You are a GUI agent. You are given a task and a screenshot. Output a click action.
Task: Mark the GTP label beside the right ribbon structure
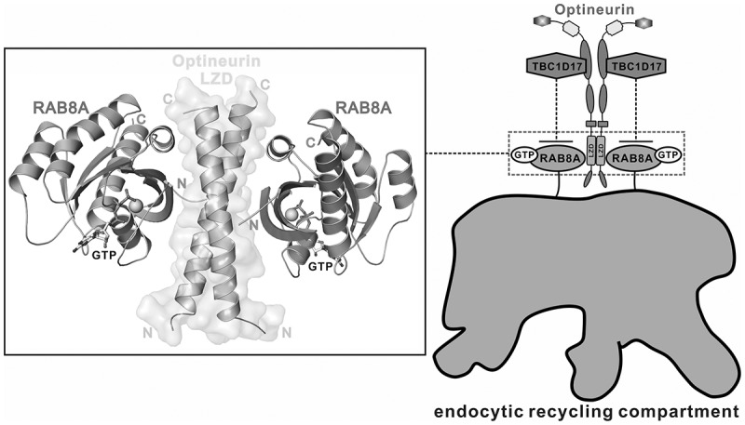pyautogui.click(x=323, y=264)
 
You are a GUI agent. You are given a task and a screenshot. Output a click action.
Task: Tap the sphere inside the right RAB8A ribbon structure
pyautogui.click(x=293, y=215)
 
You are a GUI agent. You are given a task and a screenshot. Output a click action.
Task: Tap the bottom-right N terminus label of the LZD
pyautogui.click(x=287, y=331)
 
